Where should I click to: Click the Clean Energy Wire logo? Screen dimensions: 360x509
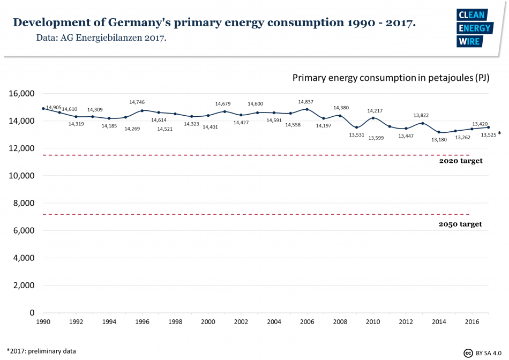point(474,28)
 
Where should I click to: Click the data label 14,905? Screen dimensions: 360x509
point(54,108)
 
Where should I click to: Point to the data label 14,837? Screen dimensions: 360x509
point(306,101)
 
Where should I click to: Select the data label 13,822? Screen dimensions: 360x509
point(422,115)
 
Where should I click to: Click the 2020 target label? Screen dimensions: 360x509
point(461,161)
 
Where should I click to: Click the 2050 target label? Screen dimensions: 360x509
point(460,224)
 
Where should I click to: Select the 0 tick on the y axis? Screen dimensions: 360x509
point(32,313)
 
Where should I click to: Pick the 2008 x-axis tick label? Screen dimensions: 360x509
point(340,322)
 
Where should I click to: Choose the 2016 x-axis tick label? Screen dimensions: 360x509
point(471,322)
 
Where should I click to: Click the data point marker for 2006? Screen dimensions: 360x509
point(307,109)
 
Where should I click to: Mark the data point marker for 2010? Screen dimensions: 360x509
point(373,118)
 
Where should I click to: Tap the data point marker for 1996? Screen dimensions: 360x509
point(142,110)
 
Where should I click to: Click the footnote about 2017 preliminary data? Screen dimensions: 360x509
point(41,351)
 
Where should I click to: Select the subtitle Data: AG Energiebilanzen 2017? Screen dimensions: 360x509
point(101,39)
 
